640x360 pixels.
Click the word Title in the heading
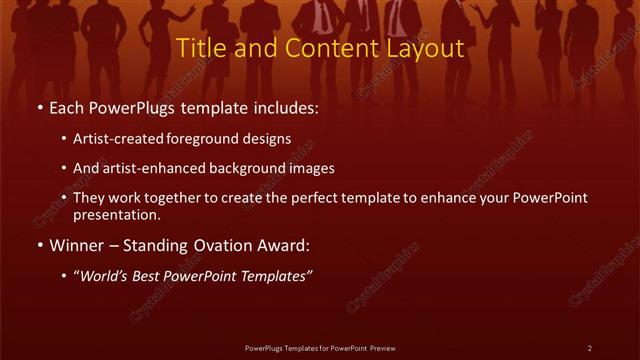(x=199, y=48)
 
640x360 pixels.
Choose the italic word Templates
(x=276, y=275)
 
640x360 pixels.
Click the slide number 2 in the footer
(x=590, y=348)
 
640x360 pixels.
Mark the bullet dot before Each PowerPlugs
(x=39, y=108)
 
